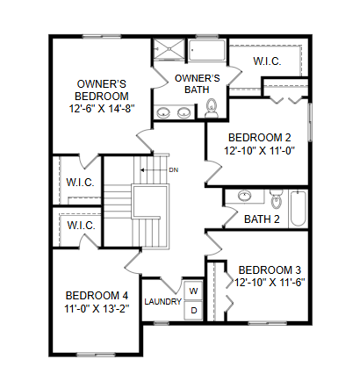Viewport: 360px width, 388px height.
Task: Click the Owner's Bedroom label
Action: (102, 90)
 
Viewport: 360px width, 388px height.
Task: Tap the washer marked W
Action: (193, 291)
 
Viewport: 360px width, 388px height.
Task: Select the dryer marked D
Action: (193, 310)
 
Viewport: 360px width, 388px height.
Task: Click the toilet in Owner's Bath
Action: (212, 108)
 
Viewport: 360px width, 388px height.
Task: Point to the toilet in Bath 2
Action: (276, 198)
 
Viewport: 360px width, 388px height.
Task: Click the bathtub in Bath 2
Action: (299, 209)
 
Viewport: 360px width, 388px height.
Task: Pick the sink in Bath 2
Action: (244, 196)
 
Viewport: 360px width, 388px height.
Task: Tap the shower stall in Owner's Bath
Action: (169, 49)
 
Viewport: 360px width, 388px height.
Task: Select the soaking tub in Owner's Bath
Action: (207, 50)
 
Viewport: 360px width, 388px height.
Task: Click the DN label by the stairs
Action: (174, 170)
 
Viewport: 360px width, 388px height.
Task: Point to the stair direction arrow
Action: (154, 170)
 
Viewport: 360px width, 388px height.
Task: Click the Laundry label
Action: (162, 301)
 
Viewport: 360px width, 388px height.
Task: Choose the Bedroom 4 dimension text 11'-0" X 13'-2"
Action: (97, 309)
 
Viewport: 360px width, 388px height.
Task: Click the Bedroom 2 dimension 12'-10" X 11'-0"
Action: (259, 151)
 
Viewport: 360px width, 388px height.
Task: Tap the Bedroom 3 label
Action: (270, 269)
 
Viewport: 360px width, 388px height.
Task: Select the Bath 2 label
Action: (262, 219)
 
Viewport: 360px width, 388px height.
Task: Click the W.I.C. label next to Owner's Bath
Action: (267, 61)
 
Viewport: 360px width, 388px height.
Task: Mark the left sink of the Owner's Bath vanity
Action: (163, 112)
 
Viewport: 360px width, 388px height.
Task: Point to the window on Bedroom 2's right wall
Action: (310, 122)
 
